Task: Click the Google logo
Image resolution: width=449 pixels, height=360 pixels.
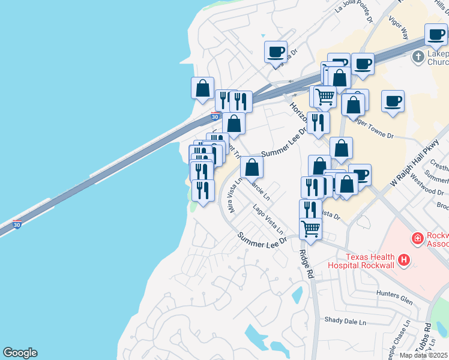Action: coord(20,353)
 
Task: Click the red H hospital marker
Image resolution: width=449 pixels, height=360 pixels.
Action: coord(405,260)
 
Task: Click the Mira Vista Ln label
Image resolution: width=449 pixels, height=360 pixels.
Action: coord(233,195)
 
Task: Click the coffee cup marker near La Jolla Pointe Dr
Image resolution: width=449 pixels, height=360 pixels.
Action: coord(276,52)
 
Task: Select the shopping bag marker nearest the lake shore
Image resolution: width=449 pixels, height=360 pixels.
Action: coord(203,88)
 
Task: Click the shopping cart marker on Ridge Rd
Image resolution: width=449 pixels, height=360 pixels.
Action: coord(310,228)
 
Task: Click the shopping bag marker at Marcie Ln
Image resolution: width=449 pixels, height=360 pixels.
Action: coord(252,167)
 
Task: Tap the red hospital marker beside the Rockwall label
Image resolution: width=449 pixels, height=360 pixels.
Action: coord(417,239)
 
